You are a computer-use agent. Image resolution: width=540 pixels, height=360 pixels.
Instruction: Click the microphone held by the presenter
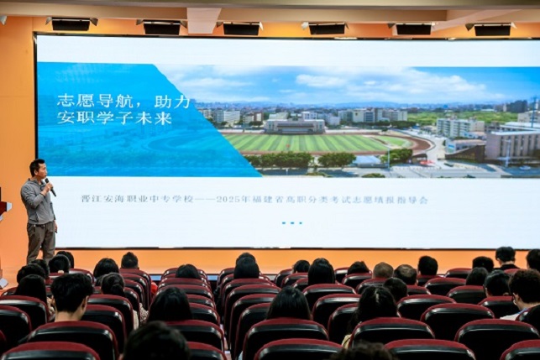click(50, 187)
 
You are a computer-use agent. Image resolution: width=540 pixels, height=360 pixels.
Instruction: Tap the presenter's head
click(37, 169)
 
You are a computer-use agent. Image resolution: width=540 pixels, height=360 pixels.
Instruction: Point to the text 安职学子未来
click(114, 118)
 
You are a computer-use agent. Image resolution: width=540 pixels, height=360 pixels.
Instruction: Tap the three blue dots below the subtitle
click(292, 223)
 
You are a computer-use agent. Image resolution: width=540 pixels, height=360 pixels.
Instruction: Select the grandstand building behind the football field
click(294, 127)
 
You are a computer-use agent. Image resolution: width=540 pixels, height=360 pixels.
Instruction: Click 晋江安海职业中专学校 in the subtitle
click(138, 199)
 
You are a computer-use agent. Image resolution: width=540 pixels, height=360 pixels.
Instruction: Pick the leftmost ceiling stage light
click(71, 23)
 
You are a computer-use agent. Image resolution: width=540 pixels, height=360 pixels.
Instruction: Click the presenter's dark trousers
click(41, 242)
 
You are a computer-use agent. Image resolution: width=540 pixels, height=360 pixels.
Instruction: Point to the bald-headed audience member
click(383, 270)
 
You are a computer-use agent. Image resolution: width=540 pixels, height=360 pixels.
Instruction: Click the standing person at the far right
click(506, 258)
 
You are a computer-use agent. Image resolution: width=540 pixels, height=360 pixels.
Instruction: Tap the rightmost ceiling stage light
click(491, 29)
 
